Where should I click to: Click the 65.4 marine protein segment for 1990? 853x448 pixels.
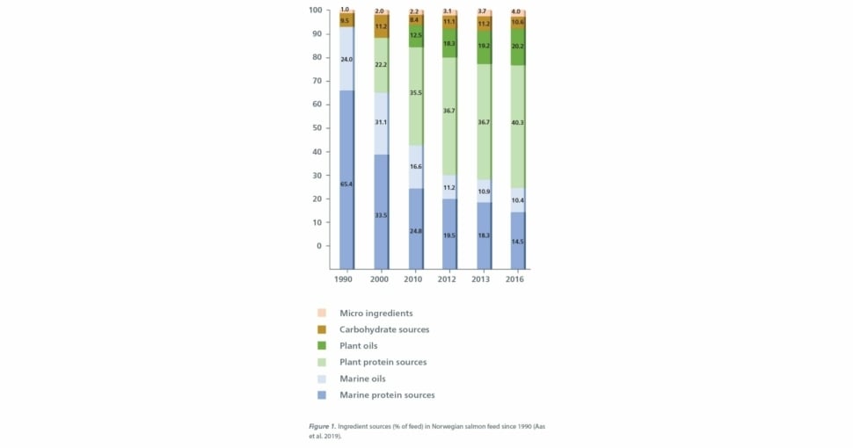point(346,184)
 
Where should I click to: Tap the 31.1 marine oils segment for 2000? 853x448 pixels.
point(381,122)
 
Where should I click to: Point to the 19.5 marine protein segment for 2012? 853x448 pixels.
point(449,235)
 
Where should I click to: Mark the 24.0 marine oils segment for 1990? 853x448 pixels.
point(346,60)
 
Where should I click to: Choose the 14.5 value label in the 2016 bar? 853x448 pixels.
point(518,242)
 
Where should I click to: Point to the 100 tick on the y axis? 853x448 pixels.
point(315,11)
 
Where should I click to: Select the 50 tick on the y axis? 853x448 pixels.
point(317,128)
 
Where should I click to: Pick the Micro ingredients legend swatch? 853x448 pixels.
point(322,313)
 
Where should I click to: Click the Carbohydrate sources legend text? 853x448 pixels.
point(384,329)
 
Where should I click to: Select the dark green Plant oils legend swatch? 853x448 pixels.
point(322,346)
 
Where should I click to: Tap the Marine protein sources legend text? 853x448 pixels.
point(387,395)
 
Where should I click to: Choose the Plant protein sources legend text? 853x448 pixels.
point(383,362)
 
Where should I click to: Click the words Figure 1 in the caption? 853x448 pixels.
point(322,426)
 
